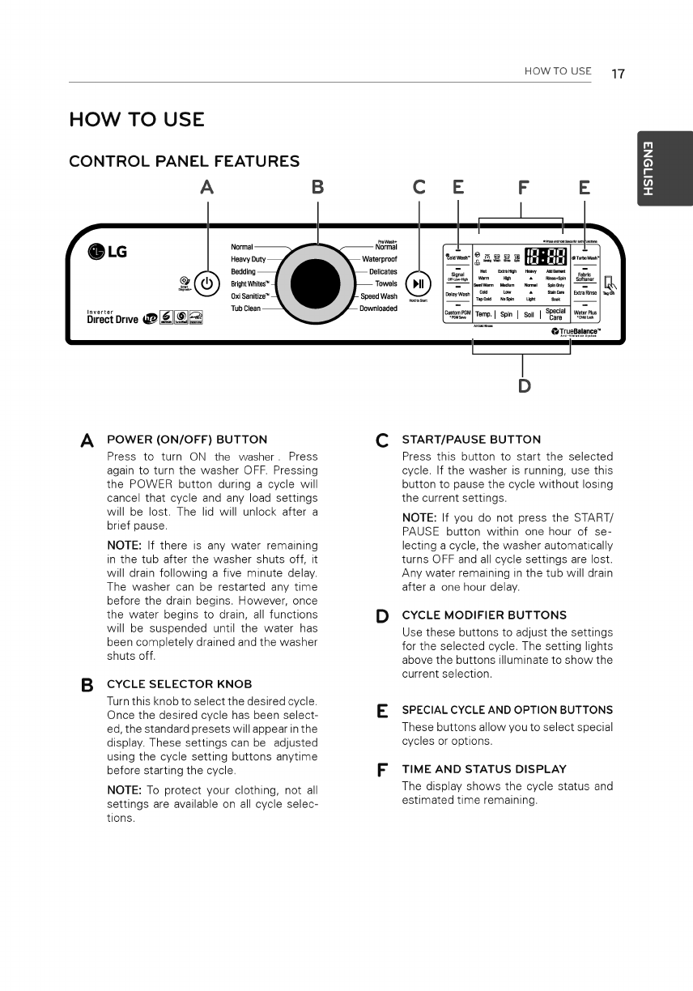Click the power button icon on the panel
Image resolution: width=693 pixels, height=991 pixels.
pyautogui.click(x=207, y=284)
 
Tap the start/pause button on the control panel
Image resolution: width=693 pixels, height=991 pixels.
pyautogui.click(x=419, y=284)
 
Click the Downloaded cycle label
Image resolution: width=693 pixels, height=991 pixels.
pyautogui.click(x=378, y=308)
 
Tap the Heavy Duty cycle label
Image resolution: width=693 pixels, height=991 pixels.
pyautogui.click(x=249, y=259)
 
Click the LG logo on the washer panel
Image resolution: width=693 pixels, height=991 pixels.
pyautogui.click(x=108, y=251)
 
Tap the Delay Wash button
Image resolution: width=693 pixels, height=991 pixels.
pyautogui.click(x=458, y=294)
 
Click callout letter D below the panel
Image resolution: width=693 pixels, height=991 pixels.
pyautogui.click(x=524, y=385)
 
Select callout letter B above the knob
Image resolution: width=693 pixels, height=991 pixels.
pyautogui.click(x=317, y=188)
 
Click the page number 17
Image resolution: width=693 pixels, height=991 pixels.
pyautogui.click(x=618, y=73)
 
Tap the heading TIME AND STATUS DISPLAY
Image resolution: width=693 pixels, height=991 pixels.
pyautogui.click(x=484, y=768)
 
